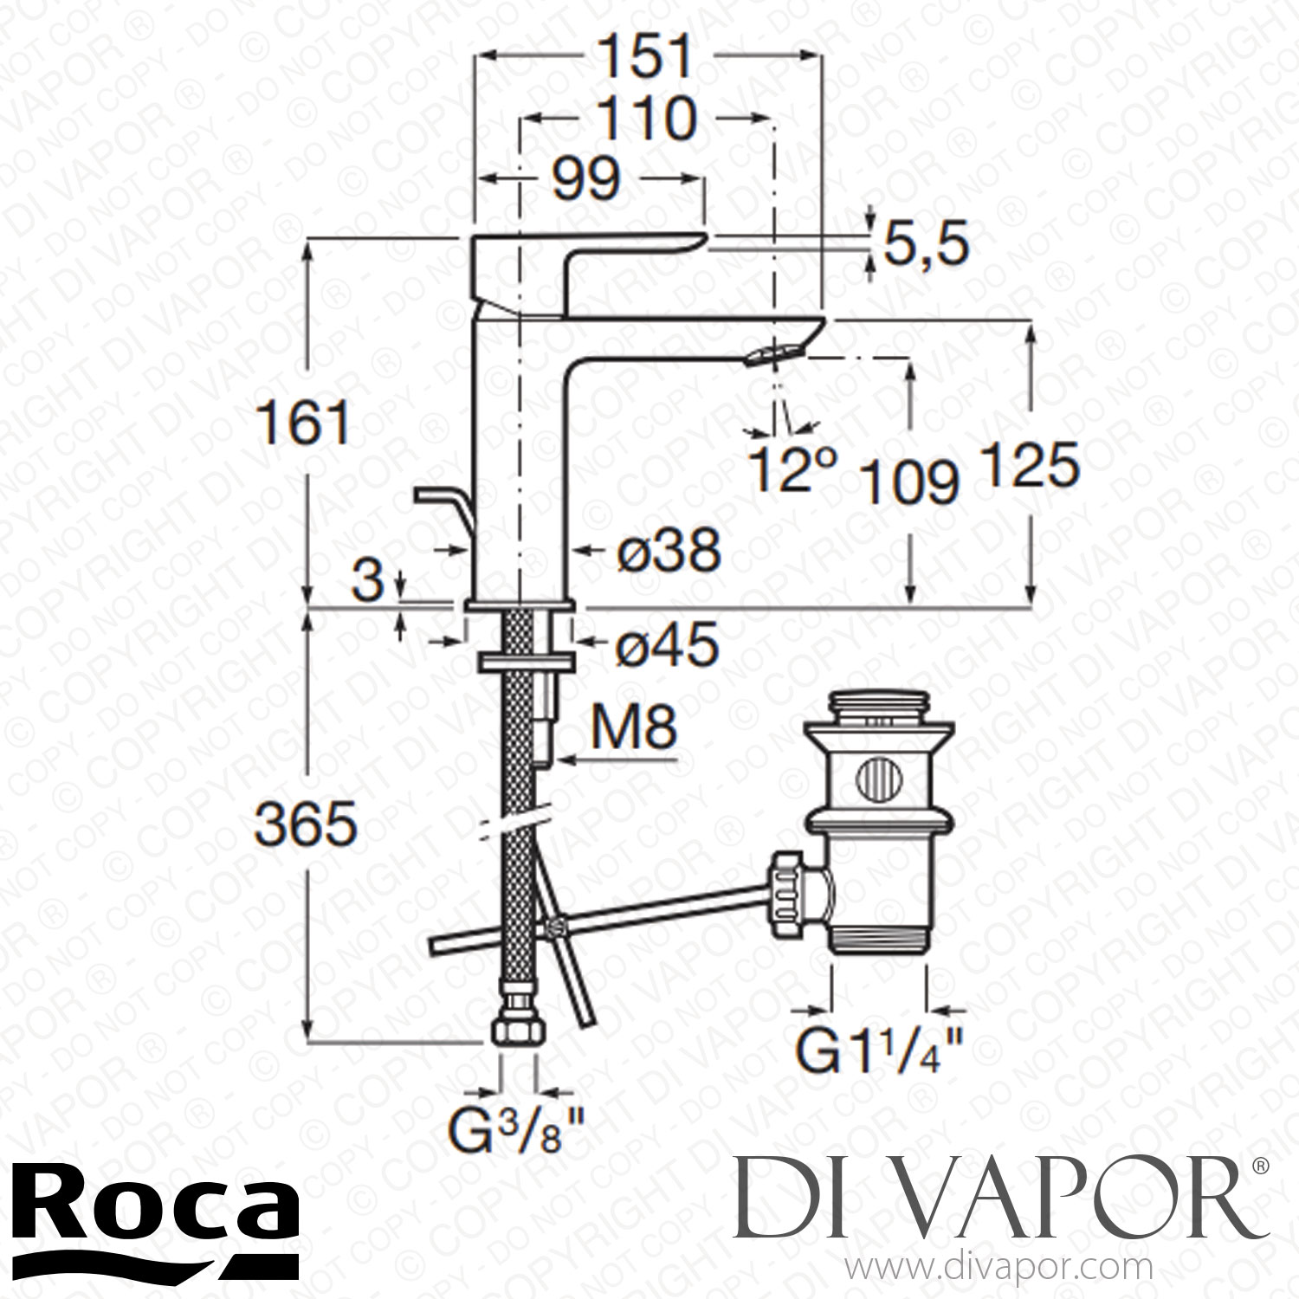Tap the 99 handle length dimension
tap(586, 180)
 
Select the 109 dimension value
tap(911, 481)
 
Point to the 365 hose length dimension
tap(307, 824)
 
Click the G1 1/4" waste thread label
tap(879, 1054)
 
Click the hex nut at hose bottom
tap(514, 1032)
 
